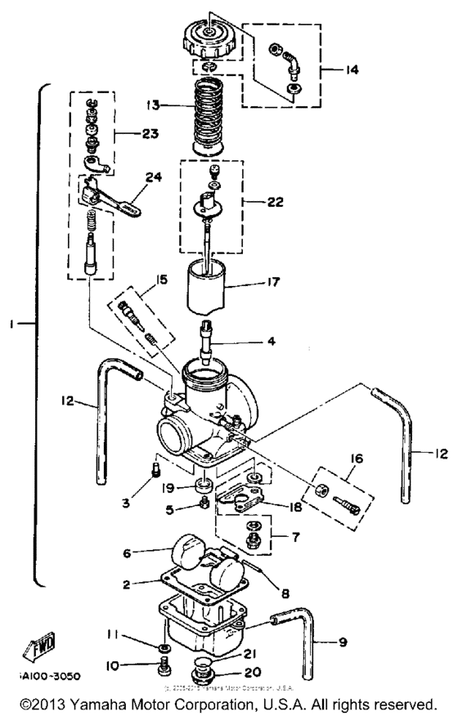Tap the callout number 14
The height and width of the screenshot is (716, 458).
351,70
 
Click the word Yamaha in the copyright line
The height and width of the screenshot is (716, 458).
109,704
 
